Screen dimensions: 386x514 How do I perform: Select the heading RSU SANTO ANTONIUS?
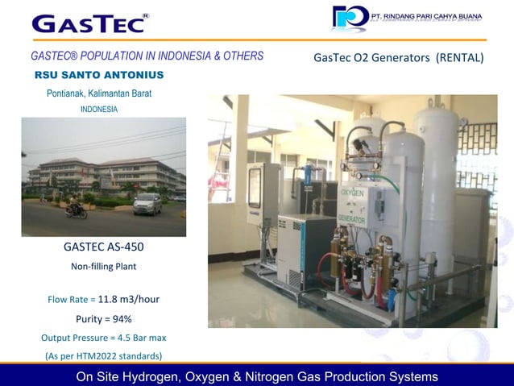99,75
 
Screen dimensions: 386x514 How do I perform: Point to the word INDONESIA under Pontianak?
99,109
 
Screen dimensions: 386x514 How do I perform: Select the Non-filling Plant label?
103,266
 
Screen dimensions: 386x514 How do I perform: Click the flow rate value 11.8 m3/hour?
128,299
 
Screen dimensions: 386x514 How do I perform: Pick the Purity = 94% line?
103,318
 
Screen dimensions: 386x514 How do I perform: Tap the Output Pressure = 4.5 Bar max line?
103,337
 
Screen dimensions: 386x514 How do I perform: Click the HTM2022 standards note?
103,355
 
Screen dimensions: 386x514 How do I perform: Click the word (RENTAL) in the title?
459,57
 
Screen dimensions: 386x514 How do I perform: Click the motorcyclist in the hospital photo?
77,210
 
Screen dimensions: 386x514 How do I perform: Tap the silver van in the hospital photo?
147,203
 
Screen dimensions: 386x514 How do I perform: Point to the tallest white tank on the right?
436,185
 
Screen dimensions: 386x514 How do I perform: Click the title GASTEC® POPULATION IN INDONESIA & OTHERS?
147,56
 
